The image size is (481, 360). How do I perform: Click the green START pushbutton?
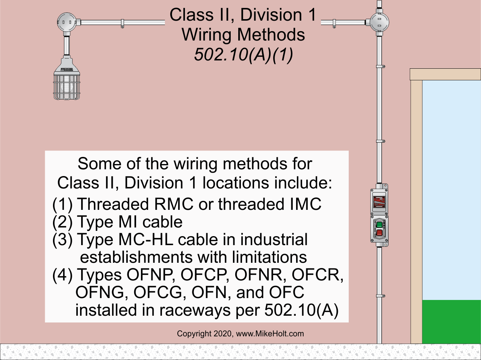click(x=379, y=224)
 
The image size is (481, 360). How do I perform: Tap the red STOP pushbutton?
click(x=379, y=233)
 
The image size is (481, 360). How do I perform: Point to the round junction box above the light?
click(x=67, y=23)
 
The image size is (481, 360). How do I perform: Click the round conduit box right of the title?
click(x=379, y=22)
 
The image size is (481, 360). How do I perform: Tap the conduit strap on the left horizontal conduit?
click(x=123, y=24)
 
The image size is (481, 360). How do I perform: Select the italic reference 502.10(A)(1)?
click(x=243, y=55)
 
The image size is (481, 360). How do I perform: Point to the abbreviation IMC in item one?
click(x=306, y=204)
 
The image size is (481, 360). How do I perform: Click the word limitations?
click(x=269, y=257)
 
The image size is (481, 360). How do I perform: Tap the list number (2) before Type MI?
click(x=62, y=222)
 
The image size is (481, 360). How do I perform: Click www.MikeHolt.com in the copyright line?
click(x=270, y=334)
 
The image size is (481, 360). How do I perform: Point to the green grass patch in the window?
click(x=451, y=321)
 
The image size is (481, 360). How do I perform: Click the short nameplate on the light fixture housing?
click(x=67, y=69)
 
